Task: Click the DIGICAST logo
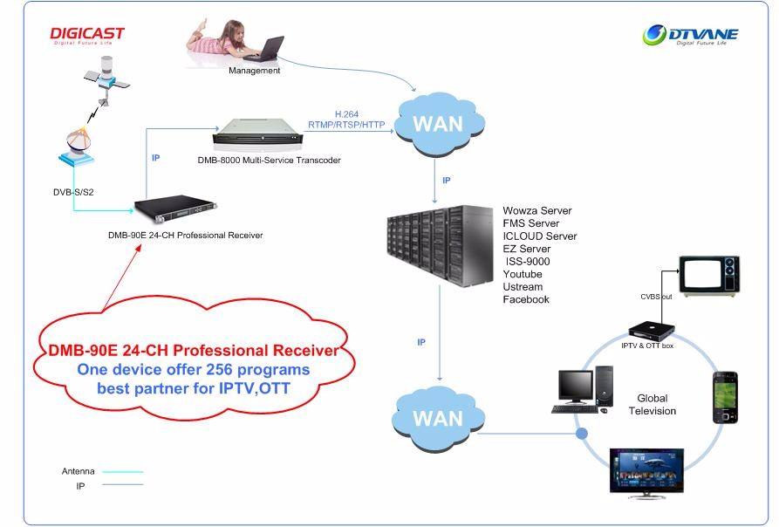(x=87, y=35)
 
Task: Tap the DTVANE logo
(x=691, y=35)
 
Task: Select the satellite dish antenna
(x=77, y=146)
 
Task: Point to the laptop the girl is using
(x=265, y=49)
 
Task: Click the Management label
(x=255, y=71)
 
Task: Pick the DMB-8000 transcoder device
(x=257, y=132)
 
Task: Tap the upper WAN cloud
(x=439, y=124)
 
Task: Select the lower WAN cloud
(x=438, y=419)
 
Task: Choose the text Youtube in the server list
(x=523, y=274)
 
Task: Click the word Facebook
(x=526, y=299)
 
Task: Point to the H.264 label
(x=347, y=114)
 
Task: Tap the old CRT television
(x=709, y=277)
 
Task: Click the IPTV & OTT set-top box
(x=652, y=331)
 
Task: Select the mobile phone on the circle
(x=725, y=398)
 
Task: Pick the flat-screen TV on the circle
(x=646, y=473)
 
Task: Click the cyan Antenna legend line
(x=123, y=471)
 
